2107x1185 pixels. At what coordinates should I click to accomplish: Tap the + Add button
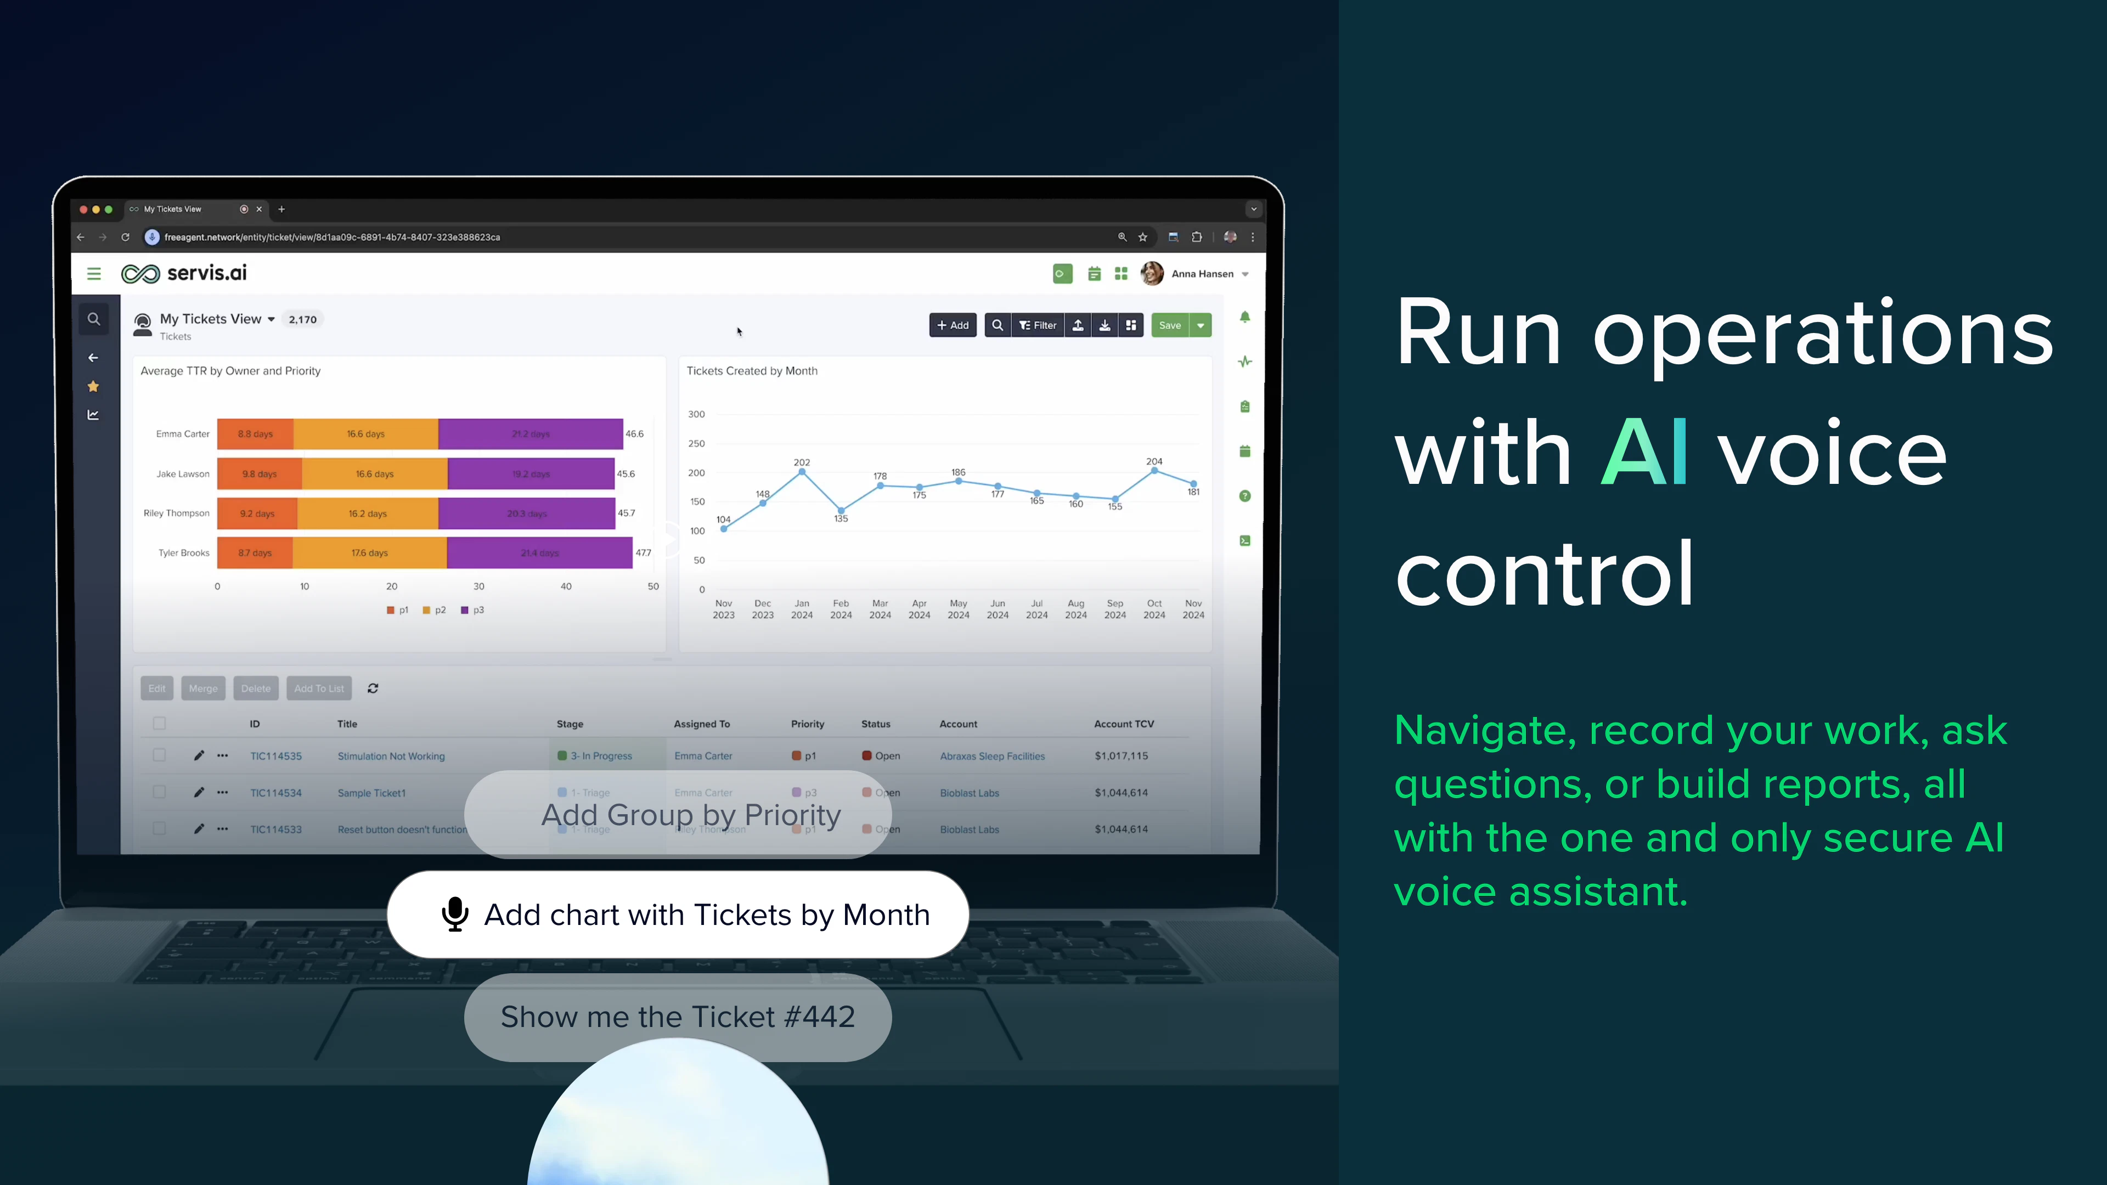[x=953, y=325]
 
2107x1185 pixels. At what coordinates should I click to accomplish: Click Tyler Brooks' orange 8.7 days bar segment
[x=255, y=553]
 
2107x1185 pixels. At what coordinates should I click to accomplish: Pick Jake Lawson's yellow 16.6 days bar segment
[x=375, y=475]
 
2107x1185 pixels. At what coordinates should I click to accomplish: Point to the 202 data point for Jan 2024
[x=802, y=472]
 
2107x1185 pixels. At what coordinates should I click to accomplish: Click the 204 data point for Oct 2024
[x=1154, y=470]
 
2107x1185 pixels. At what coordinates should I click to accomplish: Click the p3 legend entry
[x=473, y=610]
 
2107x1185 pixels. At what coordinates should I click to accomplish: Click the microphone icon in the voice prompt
[x=455, y=915]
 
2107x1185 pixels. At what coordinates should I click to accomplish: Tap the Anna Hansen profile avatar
[x=1152, y=274]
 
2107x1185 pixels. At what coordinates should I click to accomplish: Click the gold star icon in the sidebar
[x=93, y=387]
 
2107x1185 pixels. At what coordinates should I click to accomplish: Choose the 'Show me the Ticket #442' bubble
[x=677, y=1017]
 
